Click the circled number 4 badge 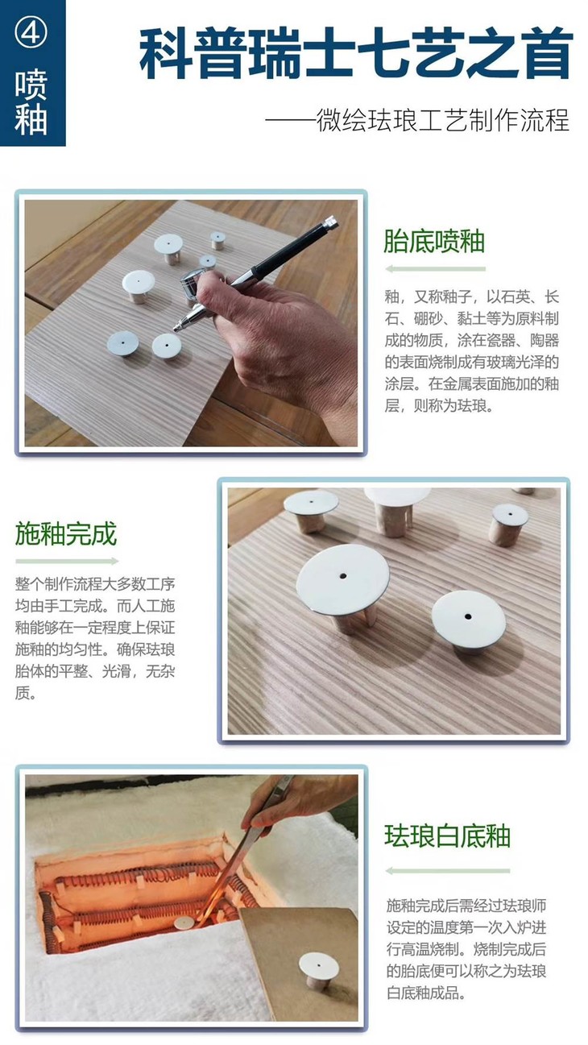point(32,32)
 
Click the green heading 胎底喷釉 point(434,241)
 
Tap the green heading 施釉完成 point(66,533)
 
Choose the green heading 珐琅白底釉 point(447,836)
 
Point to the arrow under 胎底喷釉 point(435,268)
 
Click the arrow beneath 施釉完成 point(67,561)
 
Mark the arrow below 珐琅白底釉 point(447,870)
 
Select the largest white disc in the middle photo point(343,578)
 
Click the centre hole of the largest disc point(343,576)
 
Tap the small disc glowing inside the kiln point(184,923)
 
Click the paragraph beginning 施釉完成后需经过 point(467,950)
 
